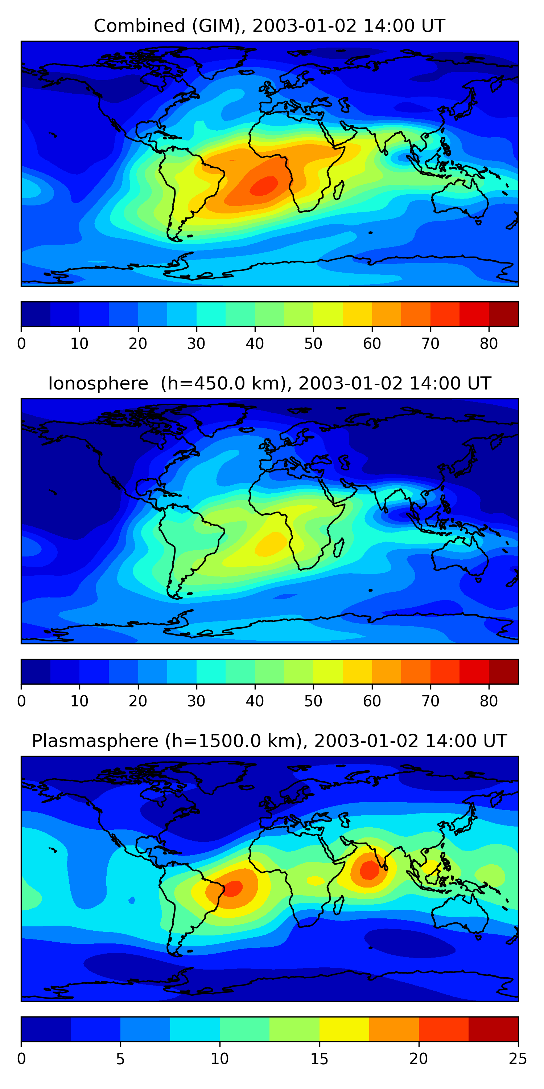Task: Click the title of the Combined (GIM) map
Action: pyautogui.click(x=269, y=26)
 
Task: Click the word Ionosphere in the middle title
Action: pyautogui.click(x=98, y=383)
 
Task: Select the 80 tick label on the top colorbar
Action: pyautogui.click(x=489, y=344)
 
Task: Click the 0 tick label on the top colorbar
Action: pyautogui.click(x=21, y=344)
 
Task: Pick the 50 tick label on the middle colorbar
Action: pyautogui.click(x=313, y=701)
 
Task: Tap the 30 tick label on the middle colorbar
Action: pyautogui.click(x=197, y=701)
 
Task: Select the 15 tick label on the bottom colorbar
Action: pyautogui.click(x=319, y=1059)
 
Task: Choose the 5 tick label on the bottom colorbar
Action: pyautogui.click(x=120, y=1059)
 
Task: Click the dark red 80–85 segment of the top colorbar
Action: pyautogui.click(x=503, y=314)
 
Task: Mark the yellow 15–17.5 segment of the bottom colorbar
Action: pyautogui.click(x=344, y=1029)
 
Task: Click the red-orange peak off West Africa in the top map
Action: pyautogui.click(x=264, y=186)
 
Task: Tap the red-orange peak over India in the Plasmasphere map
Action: pyautogui.click(x=370, y=870)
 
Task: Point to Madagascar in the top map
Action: pyautogui.click(x=339, y=190)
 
